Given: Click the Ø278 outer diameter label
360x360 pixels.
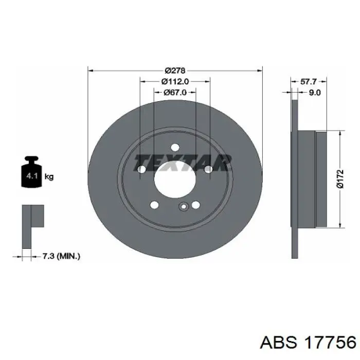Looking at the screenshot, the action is [175, 70].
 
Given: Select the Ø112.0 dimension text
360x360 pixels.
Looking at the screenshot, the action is [175, 81].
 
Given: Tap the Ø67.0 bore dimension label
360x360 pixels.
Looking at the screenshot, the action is [175, 92].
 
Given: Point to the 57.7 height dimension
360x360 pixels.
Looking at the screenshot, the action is [309, 81].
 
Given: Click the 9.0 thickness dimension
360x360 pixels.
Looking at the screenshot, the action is [315, 93].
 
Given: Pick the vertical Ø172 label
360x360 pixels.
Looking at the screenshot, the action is [340, 179].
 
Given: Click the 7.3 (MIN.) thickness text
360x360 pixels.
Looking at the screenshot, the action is [61, 256].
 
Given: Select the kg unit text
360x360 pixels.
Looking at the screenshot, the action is [49, 176].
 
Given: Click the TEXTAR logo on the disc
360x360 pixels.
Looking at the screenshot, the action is [182, 163].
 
